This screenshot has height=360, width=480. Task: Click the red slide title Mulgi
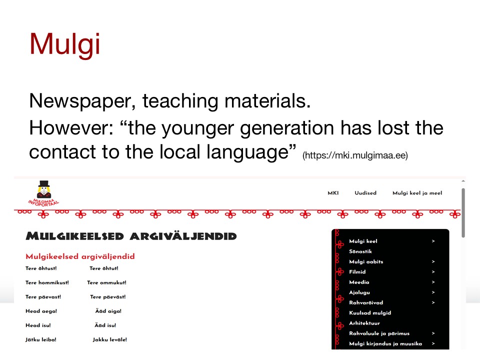(x=64, y=44)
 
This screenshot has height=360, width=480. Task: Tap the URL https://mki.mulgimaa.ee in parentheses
(x=355, y=155)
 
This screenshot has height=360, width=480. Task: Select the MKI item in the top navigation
(x=333, y=193)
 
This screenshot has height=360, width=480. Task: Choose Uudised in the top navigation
(x=365, y=193)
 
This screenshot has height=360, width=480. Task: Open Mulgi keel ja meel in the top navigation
(x=417, y=193)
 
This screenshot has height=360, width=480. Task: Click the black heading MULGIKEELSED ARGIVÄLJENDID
(x=131, y=236)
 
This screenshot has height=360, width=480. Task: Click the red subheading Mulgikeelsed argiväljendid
(x=80, y=256)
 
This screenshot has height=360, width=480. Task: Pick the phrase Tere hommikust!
(x=47, y=282)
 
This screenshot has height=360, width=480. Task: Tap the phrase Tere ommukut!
(x=106, y=282)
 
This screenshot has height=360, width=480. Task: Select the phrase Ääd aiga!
(x=108, y=311)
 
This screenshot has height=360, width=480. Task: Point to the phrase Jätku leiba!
(x=40, y=339)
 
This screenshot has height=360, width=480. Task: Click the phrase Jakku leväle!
(x=110, y=339)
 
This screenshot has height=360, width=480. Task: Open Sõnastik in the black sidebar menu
(x=360, y=251)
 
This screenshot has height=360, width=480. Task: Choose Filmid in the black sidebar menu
(x=357, y=272)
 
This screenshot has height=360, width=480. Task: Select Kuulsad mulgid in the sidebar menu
(x=370, y=313)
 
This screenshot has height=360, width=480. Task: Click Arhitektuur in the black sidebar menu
(x=364, y=323)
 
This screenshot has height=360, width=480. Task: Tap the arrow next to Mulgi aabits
(x=433, y=261)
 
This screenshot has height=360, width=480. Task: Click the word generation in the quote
(x=287, y=128)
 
